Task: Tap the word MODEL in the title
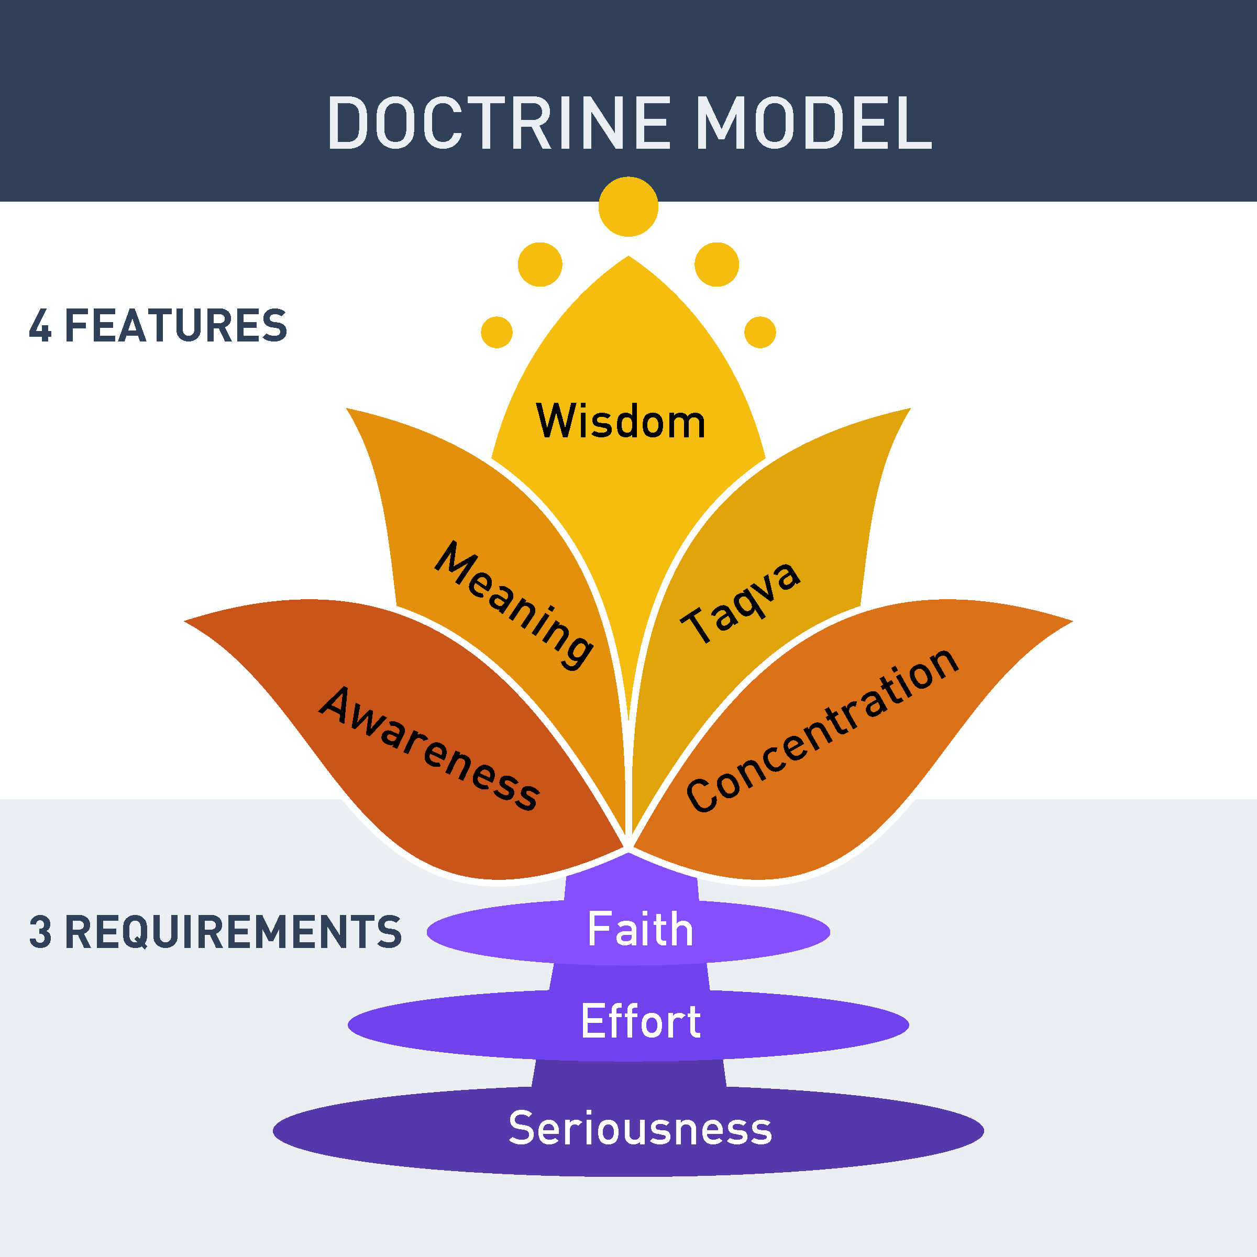(x=813, y=123)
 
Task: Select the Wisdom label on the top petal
(x=621, y=422)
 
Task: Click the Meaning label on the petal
(x=514, y=604)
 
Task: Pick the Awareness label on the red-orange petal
(x=429, y=748)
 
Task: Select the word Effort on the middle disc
(x=640, y=1021)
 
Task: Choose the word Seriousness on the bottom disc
(x=640, y=1128)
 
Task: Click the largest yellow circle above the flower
(x=629, y=206)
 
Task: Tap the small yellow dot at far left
(x=497, y=333)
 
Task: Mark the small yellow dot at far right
(x=760, y=333)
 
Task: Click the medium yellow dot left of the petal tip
(x=540, y=264)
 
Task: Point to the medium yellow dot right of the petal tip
(x=717, y=264)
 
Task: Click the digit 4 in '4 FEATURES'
(x=40, y=325)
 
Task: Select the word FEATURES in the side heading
(x=175, y=325)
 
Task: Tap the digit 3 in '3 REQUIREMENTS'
(x=40, y=932)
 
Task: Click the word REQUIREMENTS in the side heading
(x=233, y=932)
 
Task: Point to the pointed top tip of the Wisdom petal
(x=629, y=258)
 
